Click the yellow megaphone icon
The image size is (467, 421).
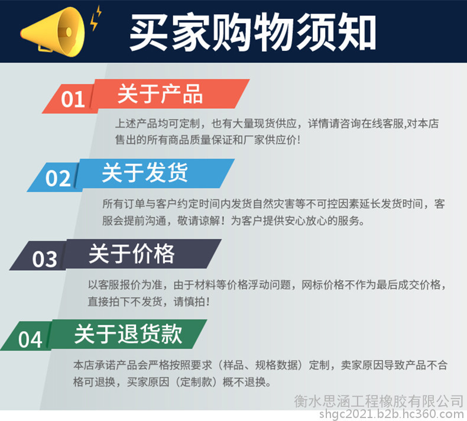(53, 32)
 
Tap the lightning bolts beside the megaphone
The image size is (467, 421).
(96, 18)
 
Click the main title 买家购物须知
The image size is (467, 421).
(252, 32)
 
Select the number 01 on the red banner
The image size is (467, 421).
(73, 99)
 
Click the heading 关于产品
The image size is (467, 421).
(160, 94)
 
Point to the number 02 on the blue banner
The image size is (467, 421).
(58, 178)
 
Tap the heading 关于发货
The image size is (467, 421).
(145, 173)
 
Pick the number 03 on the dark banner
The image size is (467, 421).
(45, 258)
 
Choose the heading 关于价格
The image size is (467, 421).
(131, 254)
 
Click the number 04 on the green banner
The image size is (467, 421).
(30, 339)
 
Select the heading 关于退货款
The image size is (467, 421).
(128, 334)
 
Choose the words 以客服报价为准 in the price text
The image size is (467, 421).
(125, 285)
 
